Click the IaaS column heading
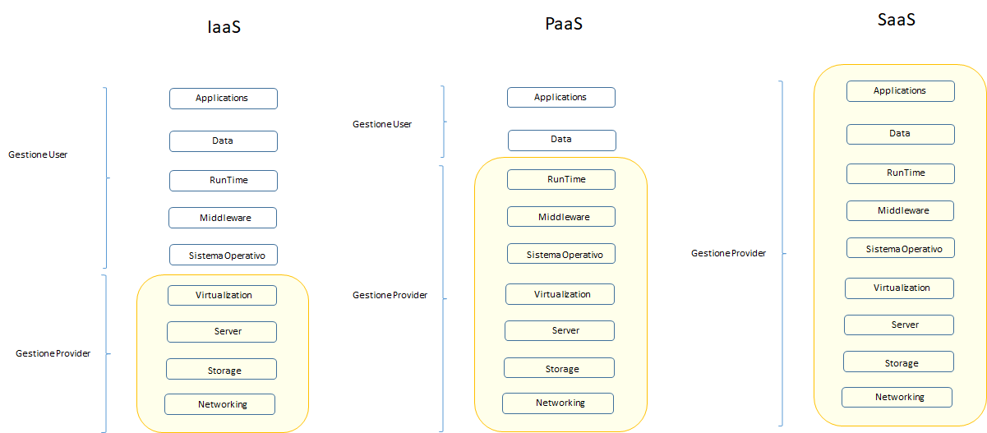224,27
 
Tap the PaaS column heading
564,24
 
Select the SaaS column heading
896,20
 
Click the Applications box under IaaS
223,99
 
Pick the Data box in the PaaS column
561,140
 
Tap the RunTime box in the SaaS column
901,173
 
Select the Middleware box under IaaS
223,218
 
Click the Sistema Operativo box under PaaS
561,255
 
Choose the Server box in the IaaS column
222,332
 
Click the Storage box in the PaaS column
559,369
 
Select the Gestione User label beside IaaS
38,154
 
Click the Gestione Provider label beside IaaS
53,353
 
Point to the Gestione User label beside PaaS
382,124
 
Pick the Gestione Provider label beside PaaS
390,295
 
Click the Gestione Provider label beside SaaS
728,254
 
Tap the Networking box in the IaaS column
219,404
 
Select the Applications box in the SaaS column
900,91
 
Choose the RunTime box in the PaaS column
561,179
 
